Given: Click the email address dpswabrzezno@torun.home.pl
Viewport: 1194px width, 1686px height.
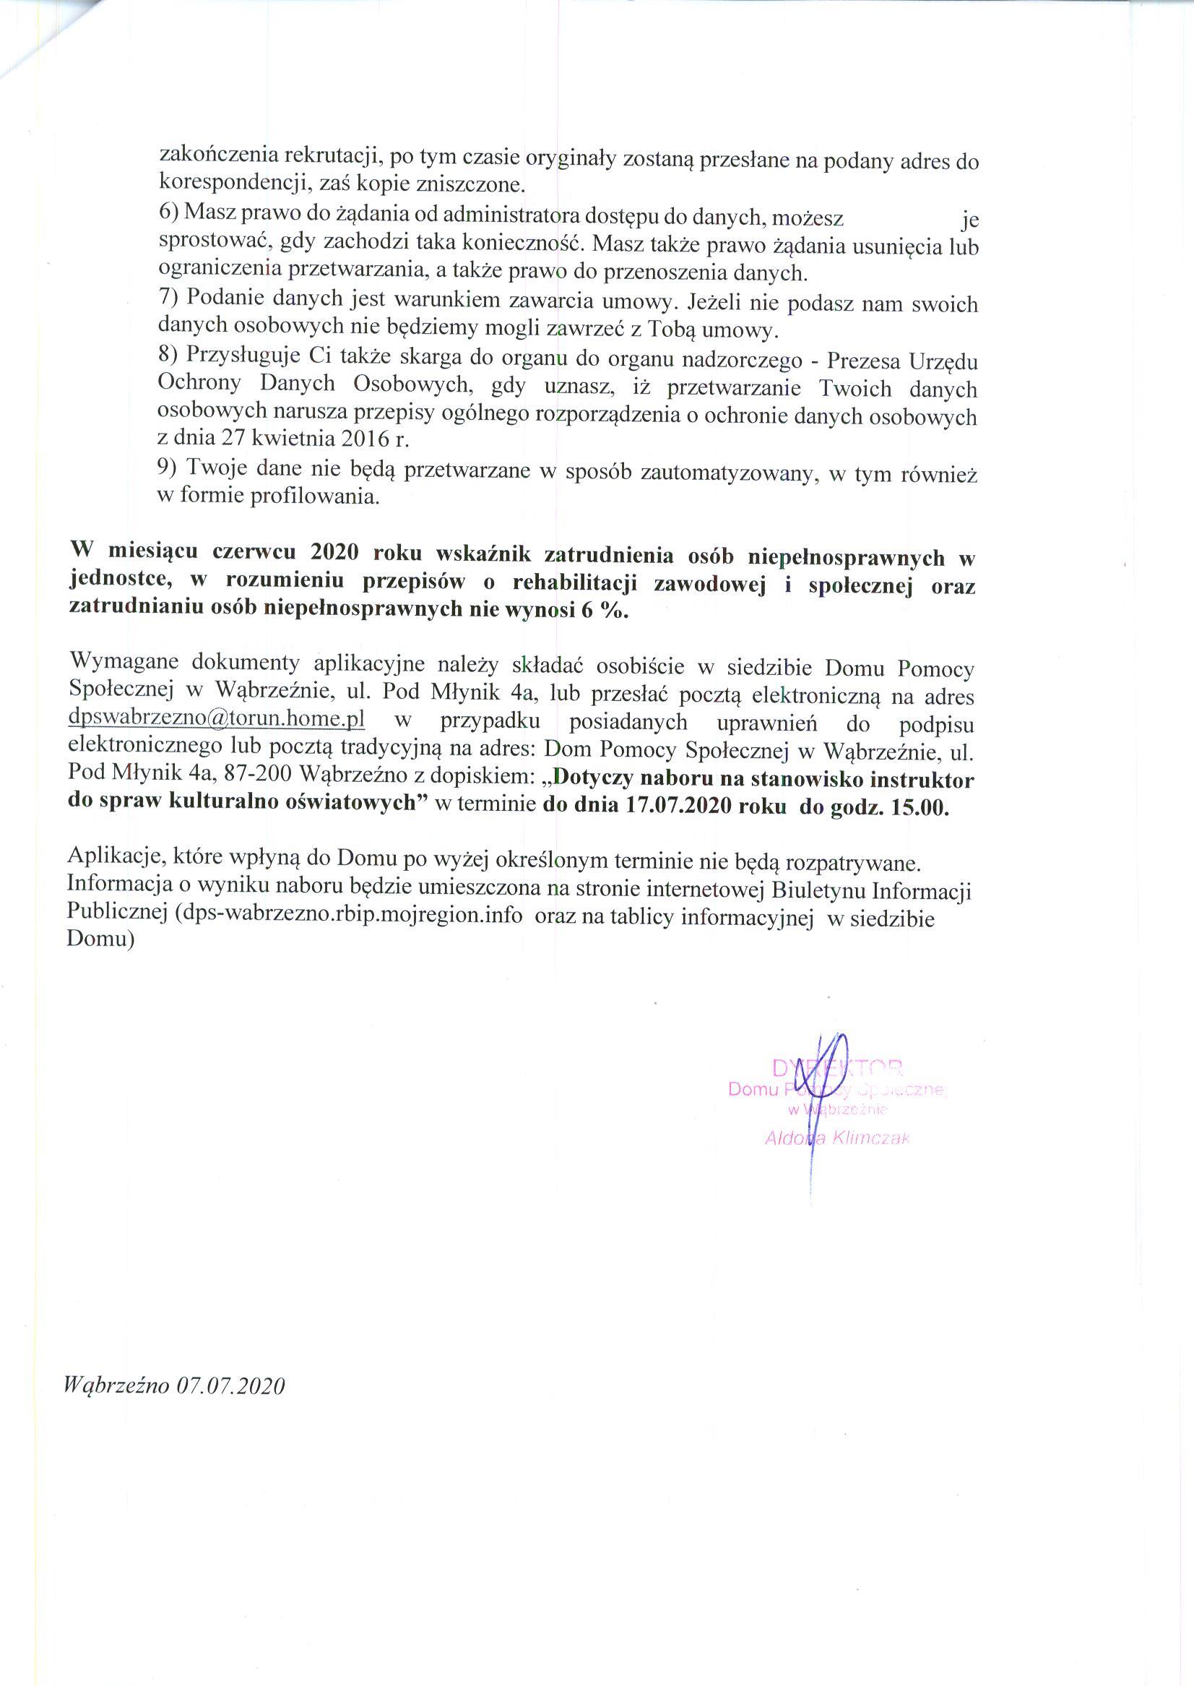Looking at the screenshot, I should (216, 717).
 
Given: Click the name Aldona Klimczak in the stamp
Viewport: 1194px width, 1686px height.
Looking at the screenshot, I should (836, 1139).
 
